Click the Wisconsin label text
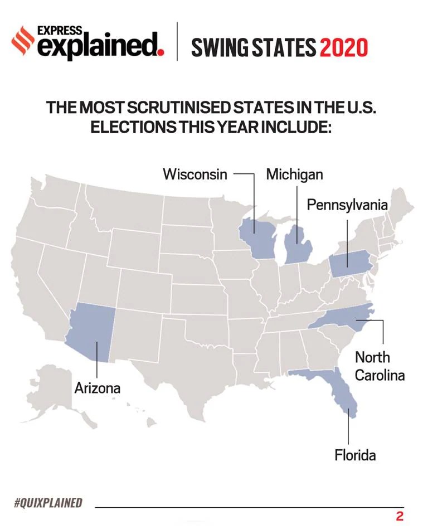pos(195,174)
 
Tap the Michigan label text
pos(294,174)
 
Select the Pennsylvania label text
pos(347,205)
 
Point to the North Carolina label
pos(380,366)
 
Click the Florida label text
pos(355,455)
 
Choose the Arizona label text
pos(98,387)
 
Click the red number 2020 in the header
pos(344,48)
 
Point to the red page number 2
pos(399,516)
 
